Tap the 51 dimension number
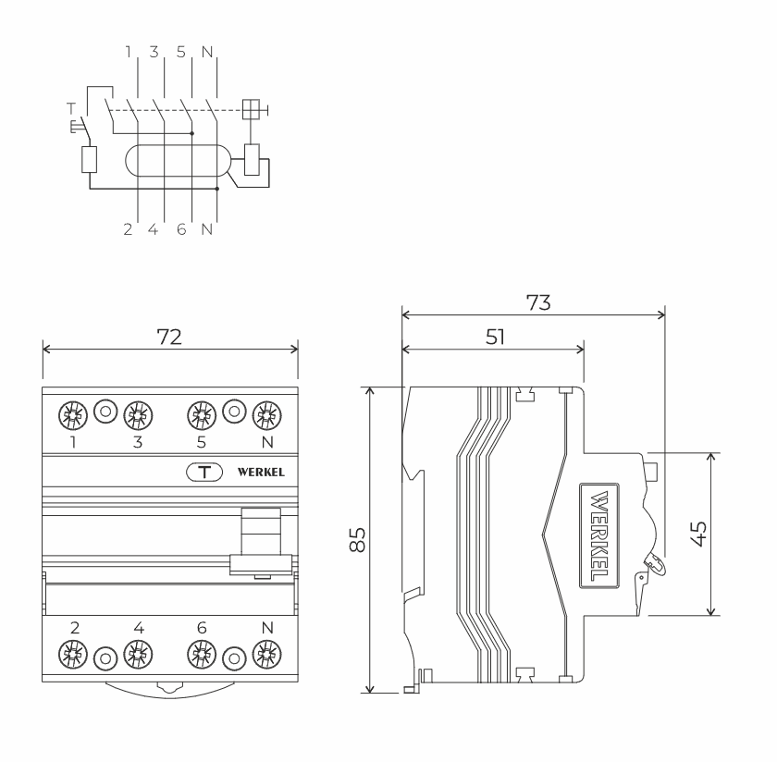click(x=495, y=337)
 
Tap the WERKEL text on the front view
click(x=261, y=472)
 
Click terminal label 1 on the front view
click(x=74, y=443)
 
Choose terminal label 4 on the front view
click(x=139, y=628)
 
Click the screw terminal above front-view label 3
click(x=138, y=412)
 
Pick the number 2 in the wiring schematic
click(x=129, y=228)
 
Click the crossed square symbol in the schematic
click(x=251, y=110)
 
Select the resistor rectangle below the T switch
click(x=90, y=160)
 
